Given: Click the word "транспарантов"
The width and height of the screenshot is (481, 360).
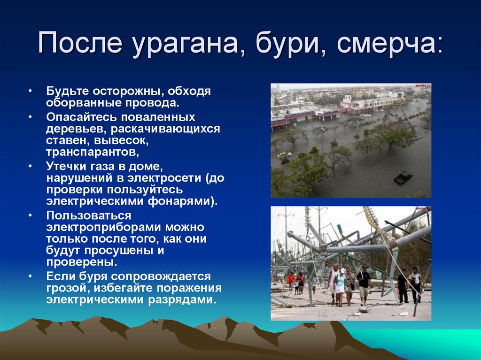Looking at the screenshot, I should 92,152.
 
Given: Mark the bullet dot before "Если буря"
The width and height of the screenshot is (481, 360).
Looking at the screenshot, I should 30,276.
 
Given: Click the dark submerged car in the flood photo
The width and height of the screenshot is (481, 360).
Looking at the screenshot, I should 403,178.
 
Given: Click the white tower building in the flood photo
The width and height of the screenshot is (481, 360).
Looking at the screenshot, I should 348,100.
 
